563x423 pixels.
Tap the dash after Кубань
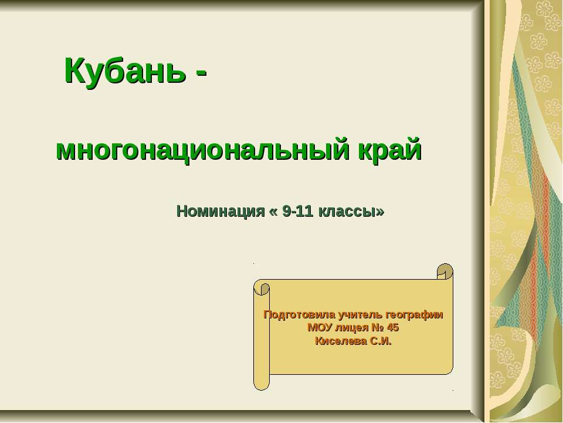coord(201,72)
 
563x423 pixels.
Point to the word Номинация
coord(221,211)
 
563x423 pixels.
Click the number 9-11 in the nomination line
coord(297,211)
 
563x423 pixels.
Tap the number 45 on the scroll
coord(393,328)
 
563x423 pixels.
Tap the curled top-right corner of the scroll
coord(445,273)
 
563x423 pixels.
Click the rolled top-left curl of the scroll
coord(262,288)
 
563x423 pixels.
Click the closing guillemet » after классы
coord(381,211)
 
